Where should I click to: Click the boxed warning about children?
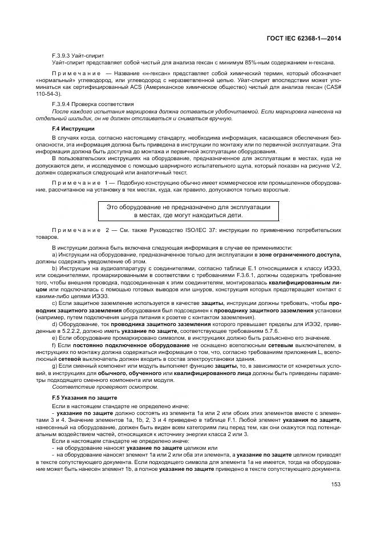(188, 210)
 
